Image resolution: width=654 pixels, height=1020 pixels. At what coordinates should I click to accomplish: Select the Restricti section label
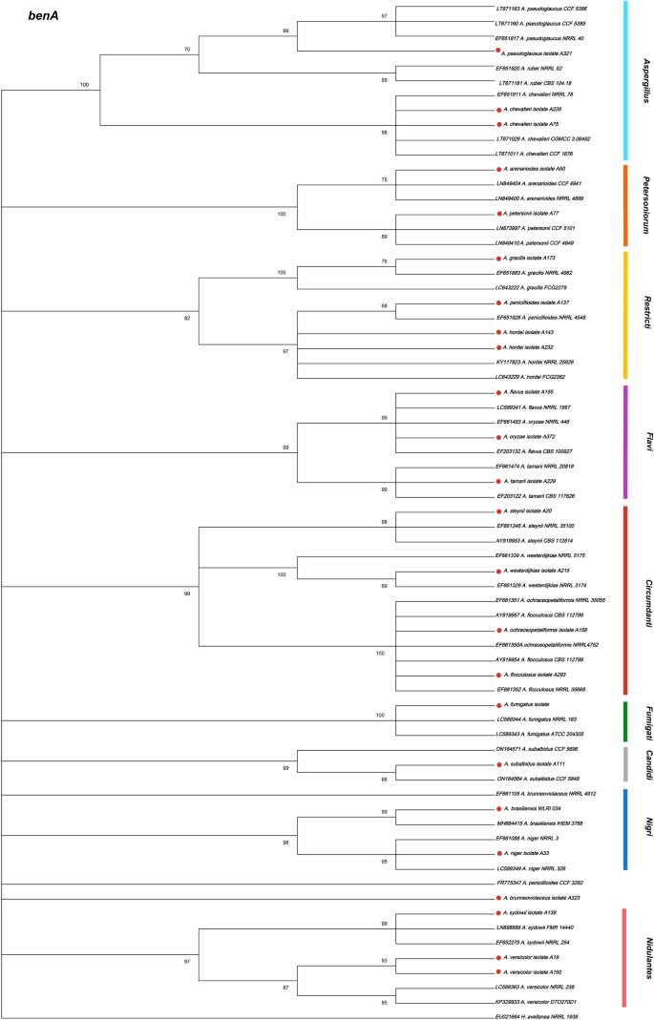(x=645, y=315)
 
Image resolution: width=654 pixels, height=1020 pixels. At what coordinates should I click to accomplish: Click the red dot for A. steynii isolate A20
(x=498, y=511)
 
